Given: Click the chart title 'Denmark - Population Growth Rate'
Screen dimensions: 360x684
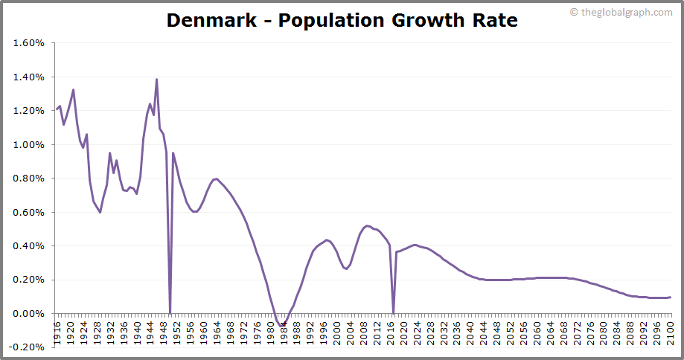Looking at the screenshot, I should (x=342, y=20).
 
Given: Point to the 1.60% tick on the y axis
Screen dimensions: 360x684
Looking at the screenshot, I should (x=29, y=43).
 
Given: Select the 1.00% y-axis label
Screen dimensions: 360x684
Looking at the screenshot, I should (x=29, y=145).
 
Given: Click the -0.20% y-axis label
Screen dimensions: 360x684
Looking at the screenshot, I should (x=28, y=347).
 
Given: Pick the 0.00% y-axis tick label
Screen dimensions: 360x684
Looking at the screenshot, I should (x=29, y=314).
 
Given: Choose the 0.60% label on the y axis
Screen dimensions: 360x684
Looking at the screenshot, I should (x=29, y=213).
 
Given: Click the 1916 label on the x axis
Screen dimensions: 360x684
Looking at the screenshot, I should (x=57, y=328).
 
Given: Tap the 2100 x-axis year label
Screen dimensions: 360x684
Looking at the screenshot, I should (x=671, y=328).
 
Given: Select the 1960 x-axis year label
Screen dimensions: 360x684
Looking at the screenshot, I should (x=203, y=328).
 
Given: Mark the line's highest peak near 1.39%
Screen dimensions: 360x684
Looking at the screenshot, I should (x=156, y=79).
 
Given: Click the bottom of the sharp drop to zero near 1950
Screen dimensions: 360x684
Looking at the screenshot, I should (x=170, y=313).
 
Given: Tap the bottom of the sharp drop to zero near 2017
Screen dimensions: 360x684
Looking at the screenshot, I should (x=393, y=313).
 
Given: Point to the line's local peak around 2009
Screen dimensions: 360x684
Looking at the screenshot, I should (x=367, y=225).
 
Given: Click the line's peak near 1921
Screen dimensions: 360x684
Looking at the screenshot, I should (x=73, y=90).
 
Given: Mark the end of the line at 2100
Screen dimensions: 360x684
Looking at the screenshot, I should (x=671, y=297).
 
